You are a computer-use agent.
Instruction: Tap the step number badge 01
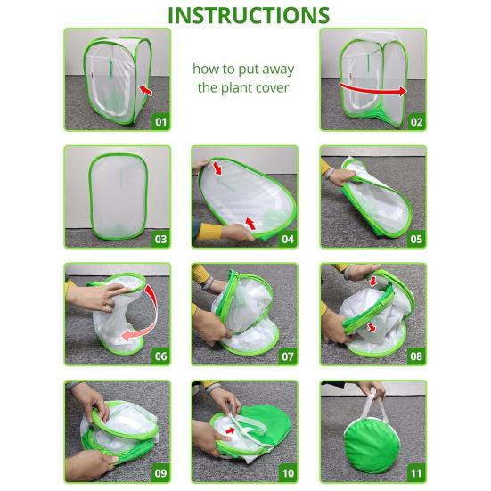coord(161,121)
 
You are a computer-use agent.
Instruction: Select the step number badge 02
coord(415,121)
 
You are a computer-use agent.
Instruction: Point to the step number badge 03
coord(161,239)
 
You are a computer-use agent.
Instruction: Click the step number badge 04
coord(288,239)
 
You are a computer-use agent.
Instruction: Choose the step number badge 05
coord(415,239)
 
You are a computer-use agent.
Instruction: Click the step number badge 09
coord(161,473)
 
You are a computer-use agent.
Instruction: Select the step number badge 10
coord(288,473)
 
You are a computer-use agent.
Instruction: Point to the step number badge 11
coord(415,473)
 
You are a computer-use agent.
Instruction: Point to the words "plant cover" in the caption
coord(245,87)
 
